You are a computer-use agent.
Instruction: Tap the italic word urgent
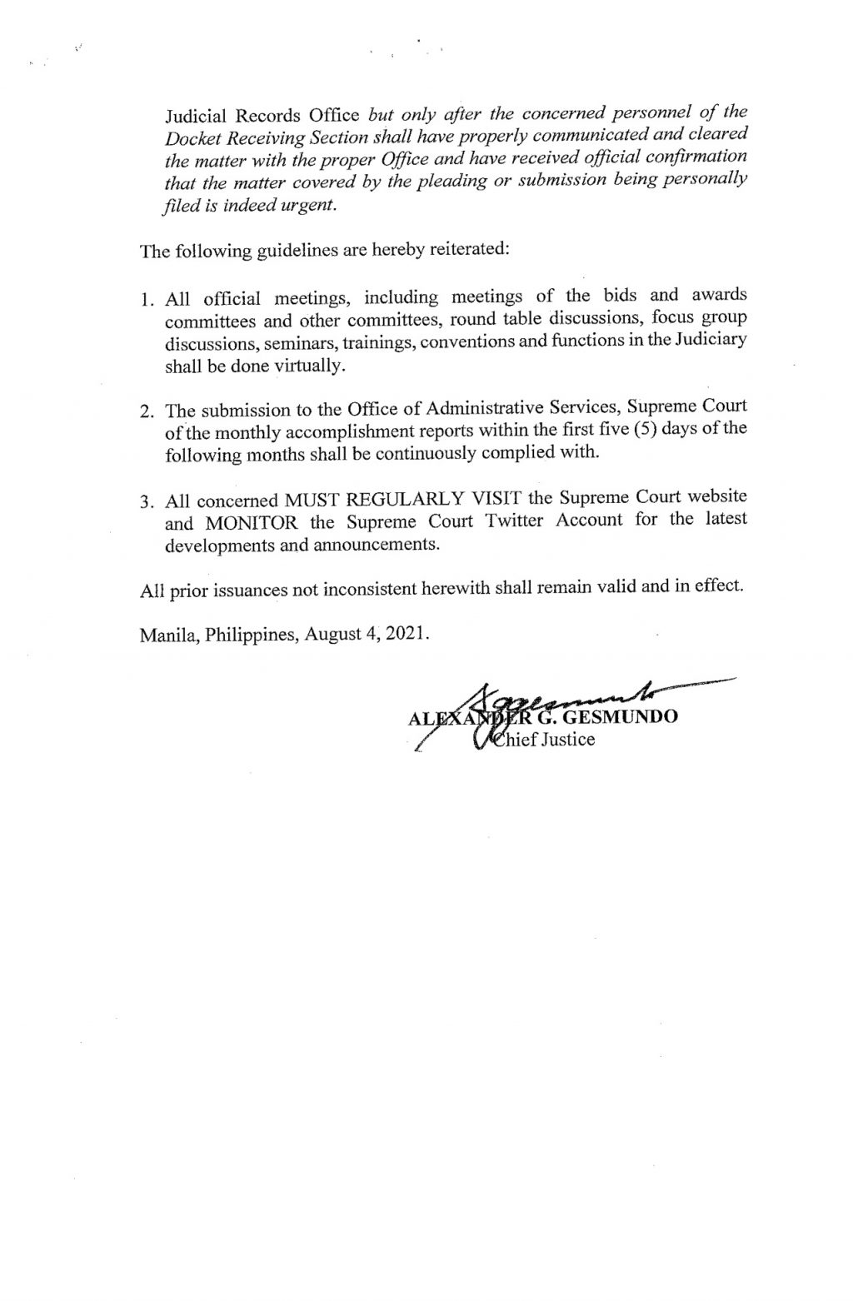tap(312, 207)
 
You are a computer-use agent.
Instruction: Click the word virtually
tap(307, 367)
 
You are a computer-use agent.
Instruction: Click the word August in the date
tap(332, 635)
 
